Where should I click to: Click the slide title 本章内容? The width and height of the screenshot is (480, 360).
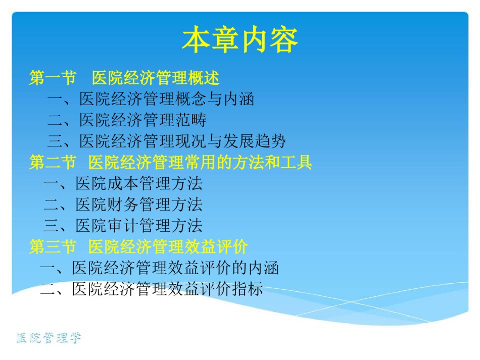coord(240,40)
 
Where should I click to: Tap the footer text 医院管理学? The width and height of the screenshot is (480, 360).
coord(49,338)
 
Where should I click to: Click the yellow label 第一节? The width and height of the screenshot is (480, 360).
coord(53,77)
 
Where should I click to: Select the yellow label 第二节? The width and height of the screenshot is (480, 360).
coord(53,162)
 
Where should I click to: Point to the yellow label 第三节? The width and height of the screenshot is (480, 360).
coord(53,246)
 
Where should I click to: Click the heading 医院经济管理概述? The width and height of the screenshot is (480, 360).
coord(156,77)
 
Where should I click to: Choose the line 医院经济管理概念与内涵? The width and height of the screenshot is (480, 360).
coord(167,99)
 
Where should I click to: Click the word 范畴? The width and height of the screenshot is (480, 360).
coord(191,120)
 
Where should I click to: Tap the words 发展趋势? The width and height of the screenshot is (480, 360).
coord(255,141)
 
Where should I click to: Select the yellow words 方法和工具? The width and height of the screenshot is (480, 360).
coord(272,162)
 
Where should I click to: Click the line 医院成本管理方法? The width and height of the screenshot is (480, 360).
coord(139,183)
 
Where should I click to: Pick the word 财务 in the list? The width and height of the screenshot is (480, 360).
coord(123,204)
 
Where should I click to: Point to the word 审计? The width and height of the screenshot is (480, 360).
coord(123,225)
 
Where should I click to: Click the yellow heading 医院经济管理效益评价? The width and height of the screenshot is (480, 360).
coord(168,246)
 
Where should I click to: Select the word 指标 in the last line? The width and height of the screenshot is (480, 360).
coord(248,289)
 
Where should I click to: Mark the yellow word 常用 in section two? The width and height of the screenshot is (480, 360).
coord(201,162)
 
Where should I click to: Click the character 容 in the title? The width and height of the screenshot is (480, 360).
coord(284,40)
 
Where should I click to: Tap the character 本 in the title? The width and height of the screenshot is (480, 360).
coord(196,40)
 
